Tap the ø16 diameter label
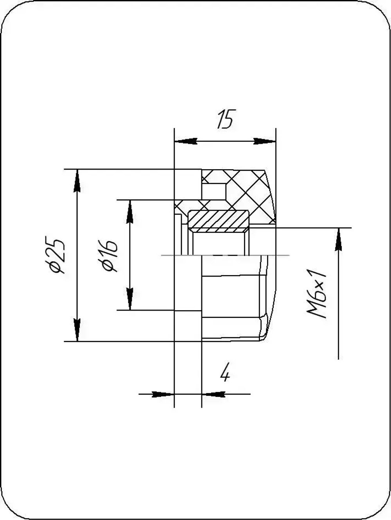point(109,256)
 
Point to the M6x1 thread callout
point(317,293)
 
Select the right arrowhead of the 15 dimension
point(265,141)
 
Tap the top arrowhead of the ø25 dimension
point(77,180)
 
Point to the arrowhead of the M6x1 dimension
point(338,239)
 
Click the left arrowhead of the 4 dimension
point(162,394)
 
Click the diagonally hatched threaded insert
point(219,219)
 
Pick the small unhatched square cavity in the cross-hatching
point(214,191)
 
